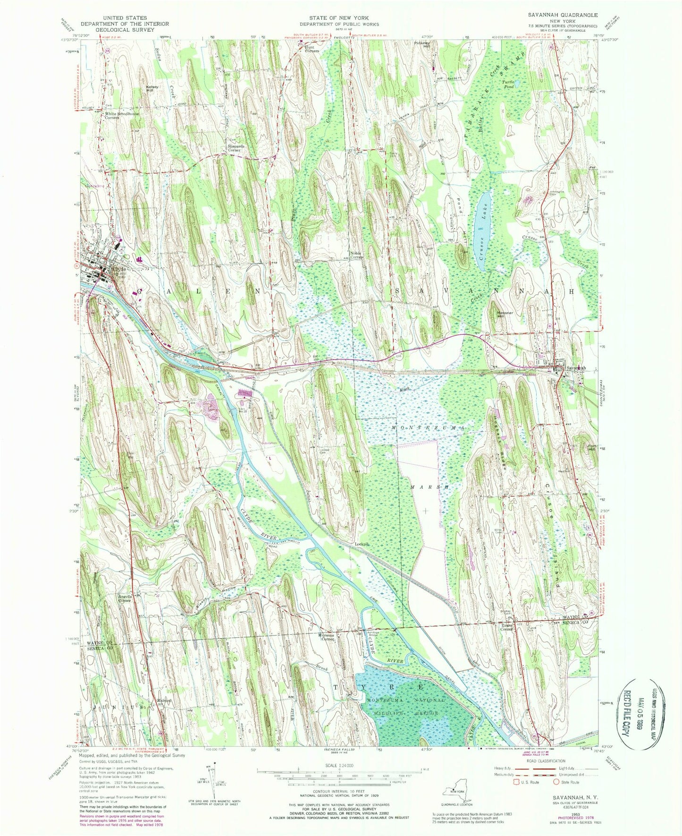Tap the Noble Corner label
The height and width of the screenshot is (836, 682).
(x=356, y=255)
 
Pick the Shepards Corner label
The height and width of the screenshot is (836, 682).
(x=236, y=148)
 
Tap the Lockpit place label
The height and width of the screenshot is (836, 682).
(x=362, y=544)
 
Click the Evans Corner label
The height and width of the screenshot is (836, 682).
(x=506, y=628)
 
